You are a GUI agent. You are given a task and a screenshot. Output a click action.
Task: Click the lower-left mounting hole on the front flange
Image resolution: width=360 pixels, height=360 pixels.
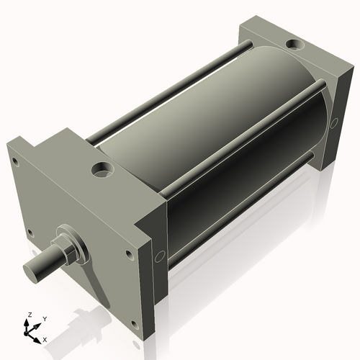(30, 232)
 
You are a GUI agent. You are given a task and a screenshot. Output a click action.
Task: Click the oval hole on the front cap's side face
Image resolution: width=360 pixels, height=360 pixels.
(160, 255)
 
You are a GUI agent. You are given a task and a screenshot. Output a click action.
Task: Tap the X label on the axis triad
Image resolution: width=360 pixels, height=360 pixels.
(45, 338)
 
